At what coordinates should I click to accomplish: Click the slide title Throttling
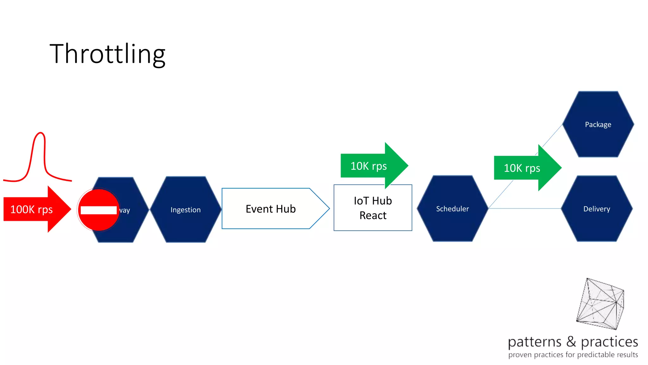coord(108,54)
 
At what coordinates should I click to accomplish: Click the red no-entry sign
coord(99,210)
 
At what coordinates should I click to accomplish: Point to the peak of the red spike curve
coord(40,133)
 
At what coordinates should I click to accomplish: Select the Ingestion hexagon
coord(185,210)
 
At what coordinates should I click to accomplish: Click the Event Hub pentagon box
coord(271,209)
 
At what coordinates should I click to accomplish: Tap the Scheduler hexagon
coord(452,209)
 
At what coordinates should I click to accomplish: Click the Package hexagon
coord(598,125)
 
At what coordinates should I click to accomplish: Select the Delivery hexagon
coord(597,209)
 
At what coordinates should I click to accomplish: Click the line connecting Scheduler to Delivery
coord(525,208)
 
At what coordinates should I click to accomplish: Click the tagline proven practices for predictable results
coord(573,355)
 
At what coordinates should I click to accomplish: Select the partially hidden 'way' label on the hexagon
coord(125,210)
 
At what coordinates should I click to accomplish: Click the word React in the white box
coord(373,215)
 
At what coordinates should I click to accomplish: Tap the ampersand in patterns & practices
coord(571,342)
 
